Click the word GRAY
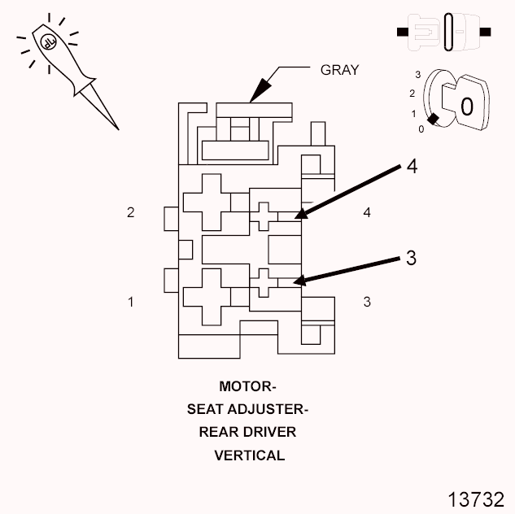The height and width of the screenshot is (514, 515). coord(338,71)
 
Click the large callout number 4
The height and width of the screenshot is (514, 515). coord(412,167)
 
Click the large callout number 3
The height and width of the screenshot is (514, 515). coord(411,258)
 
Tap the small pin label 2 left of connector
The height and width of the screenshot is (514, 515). coord(130,213)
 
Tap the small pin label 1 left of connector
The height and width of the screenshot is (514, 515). coord(130,302)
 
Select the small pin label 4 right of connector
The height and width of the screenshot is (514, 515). coord(367,213)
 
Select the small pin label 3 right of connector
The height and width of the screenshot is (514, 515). coord(367,302)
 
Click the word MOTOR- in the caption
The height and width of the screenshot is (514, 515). coord(248,386)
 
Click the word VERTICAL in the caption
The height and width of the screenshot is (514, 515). coord(249,455)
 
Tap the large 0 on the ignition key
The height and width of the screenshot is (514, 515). coord(466,107)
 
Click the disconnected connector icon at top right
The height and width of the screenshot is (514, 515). coord(443,33)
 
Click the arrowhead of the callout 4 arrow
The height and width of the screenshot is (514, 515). coord(300,215)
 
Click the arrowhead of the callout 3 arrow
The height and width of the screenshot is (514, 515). coord(299,282)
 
